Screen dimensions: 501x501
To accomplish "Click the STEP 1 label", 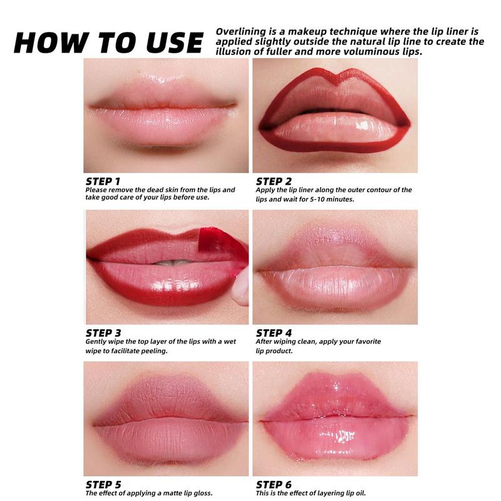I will pyautogui.click(x=104, y=181).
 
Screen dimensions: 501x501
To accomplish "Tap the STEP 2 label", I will pyautogui.click(x=274, y=181).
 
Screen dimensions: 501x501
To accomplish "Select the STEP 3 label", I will pyautogui.click(x=104, y=333).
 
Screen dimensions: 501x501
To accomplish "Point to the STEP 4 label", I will pyautogui.click(x=274, y=333).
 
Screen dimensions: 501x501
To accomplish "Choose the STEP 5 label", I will pyautogui.click(x=104, y=483).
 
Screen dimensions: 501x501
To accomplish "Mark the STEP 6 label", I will pyautogui.click(x=274, y=483).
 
